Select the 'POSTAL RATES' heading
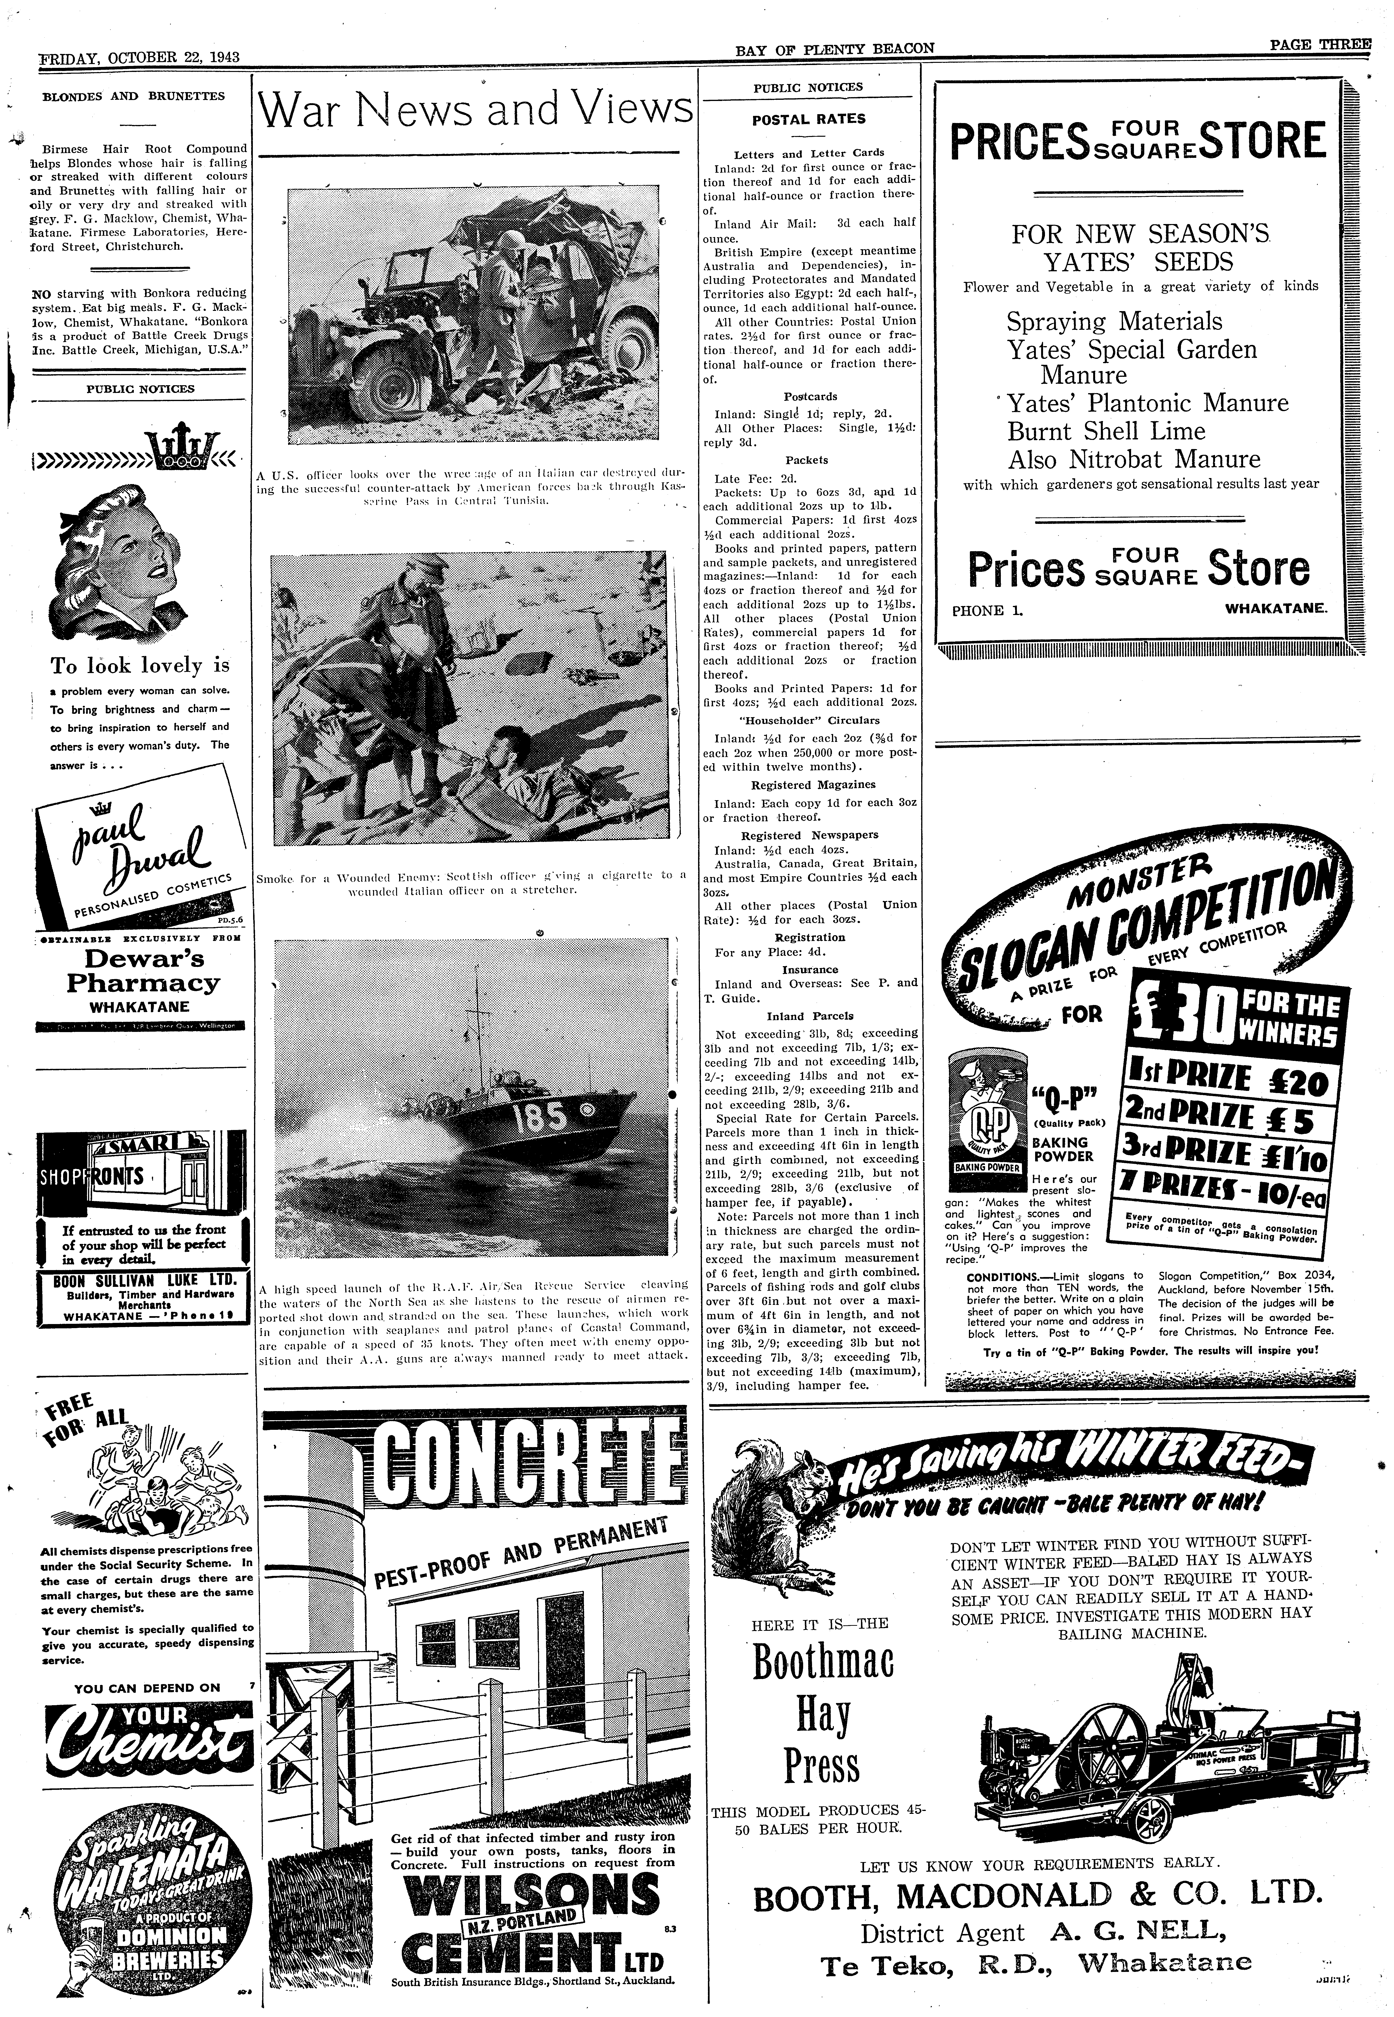tap(809, 120)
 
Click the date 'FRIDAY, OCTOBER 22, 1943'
tap(140, 58)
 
